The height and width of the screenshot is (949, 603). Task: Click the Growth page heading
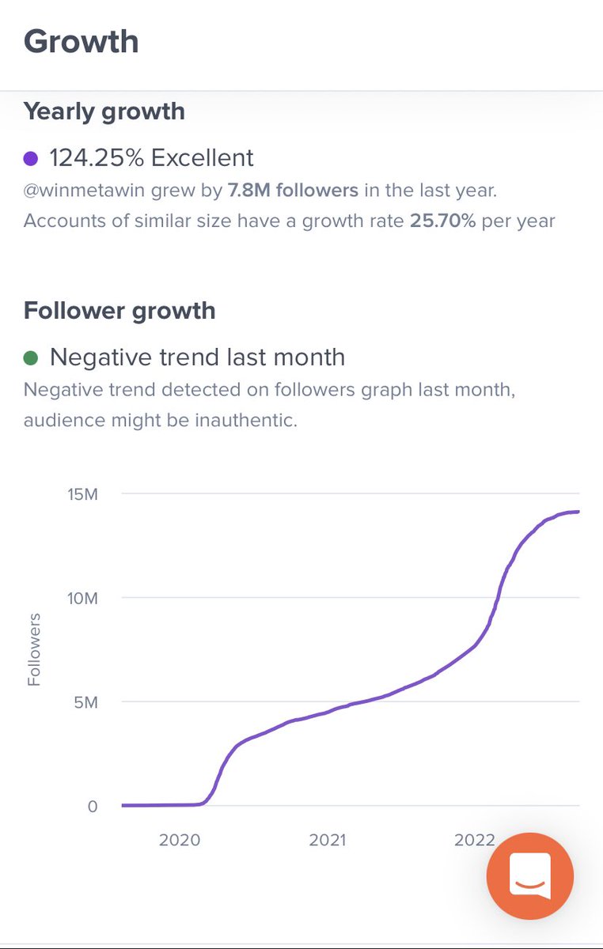[x=82, y=41]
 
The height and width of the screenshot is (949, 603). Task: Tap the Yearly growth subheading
[x=104, y=112]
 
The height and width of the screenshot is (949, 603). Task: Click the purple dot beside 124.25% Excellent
[x=31, y=158]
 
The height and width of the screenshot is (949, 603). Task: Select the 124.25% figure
[x=97, y=157]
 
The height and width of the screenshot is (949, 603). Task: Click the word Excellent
[x=203, y=157]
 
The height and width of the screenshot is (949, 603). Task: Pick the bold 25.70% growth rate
[x=442, y=220]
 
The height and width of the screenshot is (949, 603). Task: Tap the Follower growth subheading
[x=119, y=311]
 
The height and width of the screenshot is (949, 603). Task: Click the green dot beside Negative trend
[x=31, y=358]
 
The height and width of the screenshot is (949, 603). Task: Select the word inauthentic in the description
[x=245, y=420]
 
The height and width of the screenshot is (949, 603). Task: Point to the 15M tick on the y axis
[x=82, y=494]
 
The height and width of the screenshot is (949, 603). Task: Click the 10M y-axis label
[x=82, y=599]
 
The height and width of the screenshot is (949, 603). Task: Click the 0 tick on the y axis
[x=92, y=807]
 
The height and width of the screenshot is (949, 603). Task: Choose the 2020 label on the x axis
[x=180, y=840]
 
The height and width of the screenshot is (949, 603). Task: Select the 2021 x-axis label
[x=328, y=840]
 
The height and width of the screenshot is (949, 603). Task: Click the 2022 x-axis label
[x=474, y=840]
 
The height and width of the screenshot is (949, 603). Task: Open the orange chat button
[x=530, y=876]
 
